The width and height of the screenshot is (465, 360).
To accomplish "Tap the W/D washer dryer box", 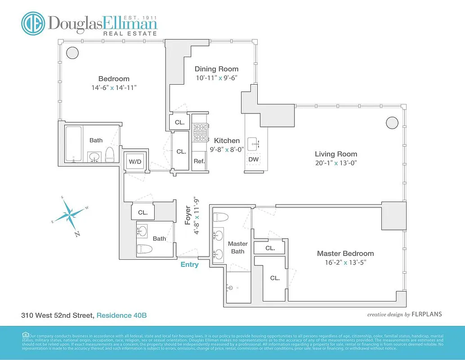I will (134, 161).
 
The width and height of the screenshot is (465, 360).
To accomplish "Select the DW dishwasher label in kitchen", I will (253, 159).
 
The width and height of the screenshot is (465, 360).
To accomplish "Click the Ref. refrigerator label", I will (199, 161).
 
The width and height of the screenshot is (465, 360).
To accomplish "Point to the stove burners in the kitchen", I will (199, 133).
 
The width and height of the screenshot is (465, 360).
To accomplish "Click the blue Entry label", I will (189, 265).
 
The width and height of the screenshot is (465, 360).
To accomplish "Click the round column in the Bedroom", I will (72, 53).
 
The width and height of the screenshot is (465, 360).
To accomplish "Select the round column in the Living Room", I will (392, 122).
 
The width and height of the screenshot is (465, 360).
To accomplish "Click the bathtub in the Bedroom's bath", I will (73, 144).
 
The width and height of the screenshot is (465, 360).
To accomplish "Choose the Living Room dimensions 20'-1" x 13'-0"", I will (336, 163).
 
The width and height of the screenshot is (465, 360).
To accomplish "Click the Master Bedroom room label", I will (345, 253).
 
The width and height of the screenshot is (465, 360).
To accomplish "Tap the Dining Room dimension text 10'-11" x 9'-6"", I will (216, 77).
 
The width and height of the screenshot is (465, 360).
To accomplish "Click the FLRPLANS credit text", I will (426, 315).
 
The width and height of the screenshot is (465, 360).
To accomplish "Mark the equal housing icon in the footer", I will (25, 334).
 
